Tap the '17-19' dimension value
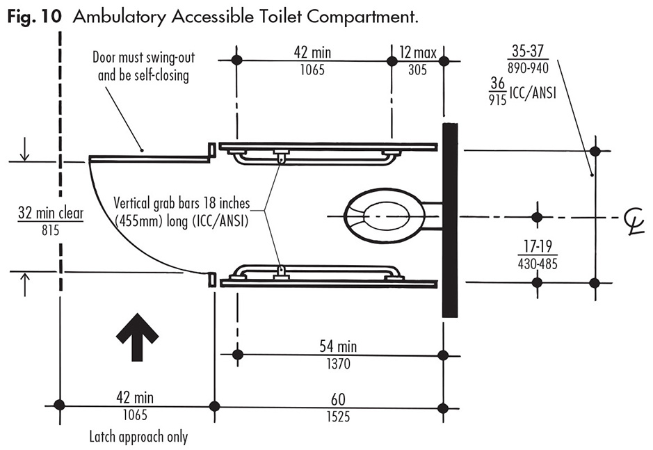click(536, 246)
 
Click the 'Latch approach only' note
click(138, 437)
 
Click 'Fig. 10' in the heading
click(31, 16)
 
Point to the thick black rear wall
click(450, 219)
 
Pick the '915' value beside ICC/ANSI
click(497, 99)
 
